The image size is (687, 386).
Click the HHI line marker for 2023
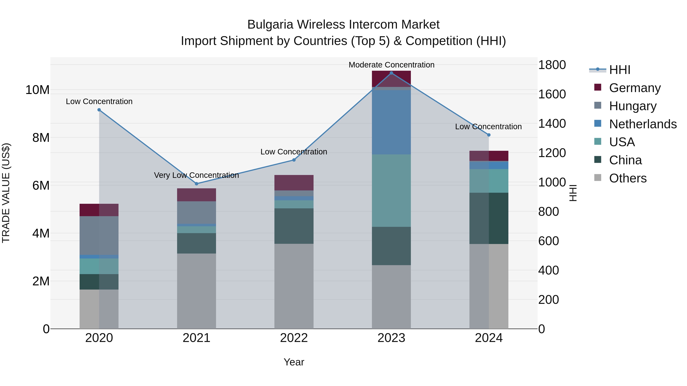coord(391,73)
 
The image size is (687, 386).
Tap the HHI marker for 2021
coord(197,184)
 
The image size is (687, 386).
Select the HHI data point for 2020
coord(99,110)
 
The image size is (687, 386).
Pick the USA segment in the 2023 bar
coord(391,190)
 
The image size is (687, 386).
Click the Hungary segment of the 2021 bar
coord(197,212)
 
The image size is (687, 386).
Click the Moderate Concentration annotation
coord(391,65)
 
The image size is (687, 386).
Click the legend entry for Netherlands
coord(643,124)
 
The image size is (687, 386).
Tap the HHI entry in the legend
coord(619,70)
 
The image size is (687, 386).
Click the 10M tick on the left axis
coord(37,90)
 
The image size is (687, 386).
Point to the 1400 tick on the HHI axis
coord(552,124)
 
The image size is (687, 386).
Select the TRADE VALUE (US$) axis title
coord(6,193)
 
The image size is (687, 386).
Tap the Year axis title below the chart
coord(294,362)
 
